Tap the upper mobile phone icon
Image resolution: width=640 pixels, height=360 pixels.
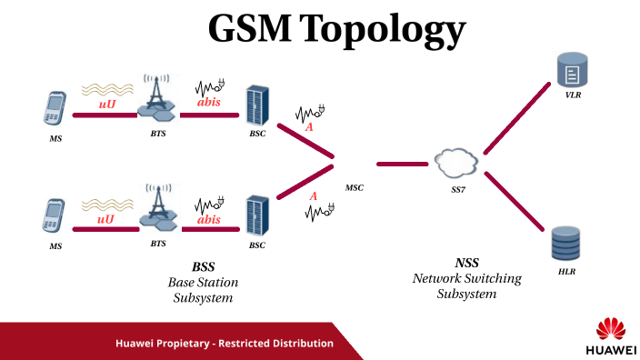tap(55, 110)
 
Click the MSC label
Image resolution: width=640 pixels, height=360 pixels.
tap(354, 188)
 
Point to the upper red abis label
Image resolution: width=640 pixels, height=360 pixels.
tap(208, 102)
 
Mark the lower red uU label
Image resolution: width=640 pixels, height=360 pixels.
tap(106, 218)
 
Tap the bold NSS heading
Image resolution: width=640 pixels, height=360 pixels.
tap(466, 263)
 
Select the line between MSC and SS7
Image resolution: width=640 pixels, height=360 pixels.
tap(402, 165)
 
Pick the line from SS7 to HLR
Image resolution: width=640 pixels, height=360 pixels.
tap(515, 202)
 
